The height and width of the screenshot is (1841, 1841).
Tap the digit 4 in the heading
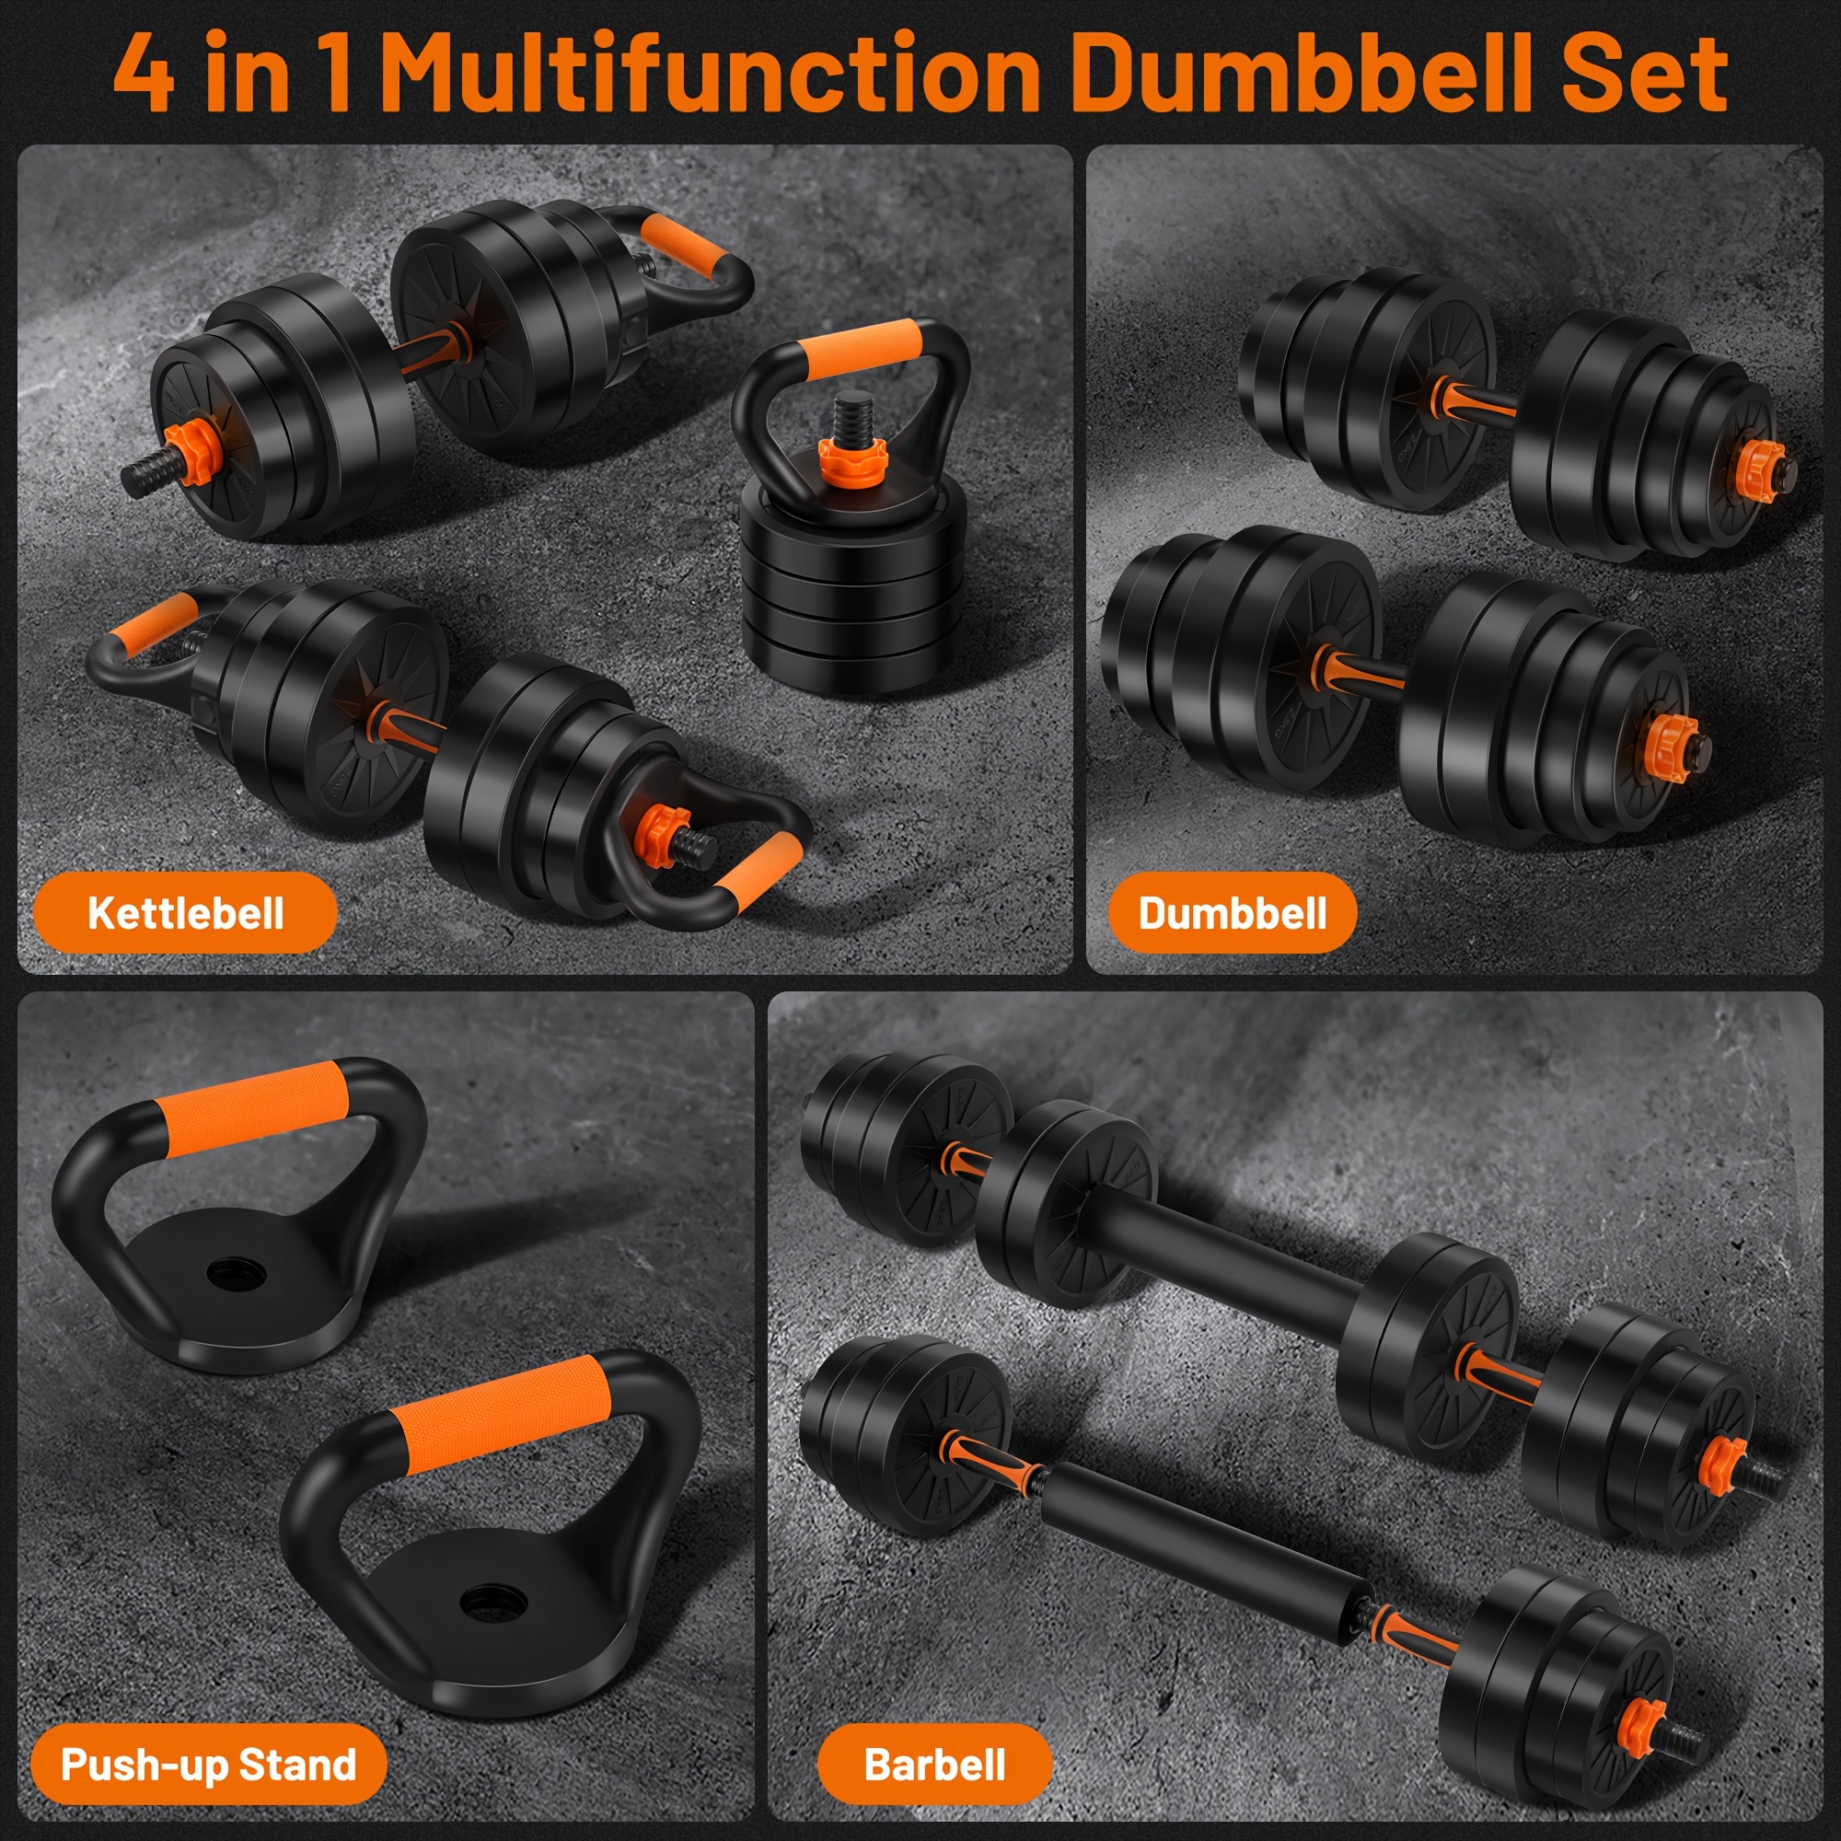144,74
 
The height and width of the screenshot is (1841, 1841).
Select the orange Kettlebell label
186,912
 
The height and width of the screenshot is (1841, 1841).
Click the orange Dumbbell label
1233,912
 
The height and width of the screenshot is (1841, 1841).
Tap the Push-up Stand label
209,1764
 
